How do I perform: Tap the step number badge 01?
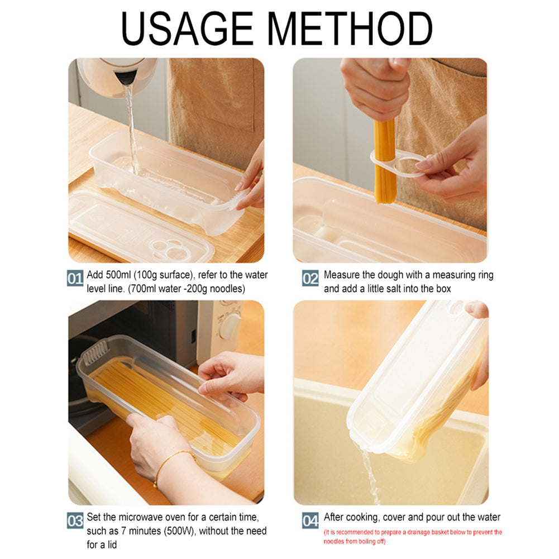point(75,278)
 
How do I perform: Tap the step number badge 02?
point(310,278)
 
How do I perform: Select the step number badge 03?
point(75,521)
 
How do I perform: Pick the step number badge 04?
point(310,521)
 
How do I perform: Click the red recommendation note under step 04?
point(413,536)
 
